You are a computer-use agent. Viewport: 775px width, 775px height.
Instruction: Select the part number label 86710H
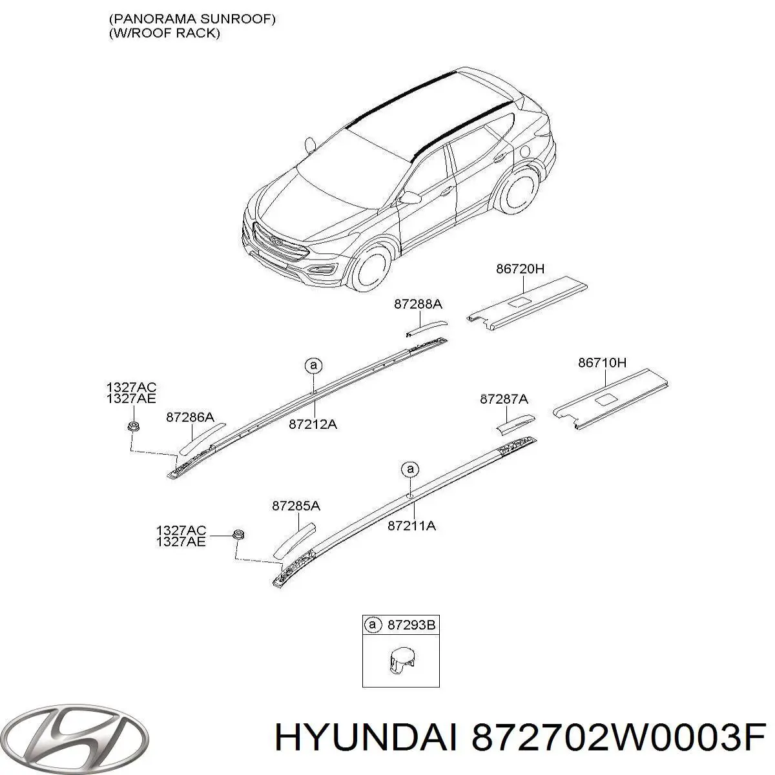[602, 363]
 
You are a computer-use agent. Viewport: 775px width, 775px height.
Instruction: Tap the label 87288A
[418, 304]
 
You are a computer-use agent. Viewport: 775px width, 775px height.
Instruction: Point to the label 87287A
[504, 399]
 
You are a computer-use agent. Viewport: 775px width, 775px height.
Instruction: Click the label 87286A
[191, 417]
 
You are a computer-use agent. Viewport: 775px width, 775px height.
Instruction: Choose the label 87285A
[296, 506]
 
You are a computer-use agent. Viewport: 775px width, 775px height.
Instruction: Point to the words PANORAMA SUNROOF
[192, 19]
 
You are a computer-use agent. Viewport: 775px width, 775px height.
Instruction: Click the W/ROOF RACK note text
[165, 33]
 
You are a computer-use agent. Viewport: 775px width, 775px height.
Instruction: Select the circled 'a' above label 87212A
[313, 365]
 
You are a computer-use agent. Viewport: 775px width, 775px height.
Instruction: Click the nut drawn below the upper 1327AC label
[132, 426]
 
